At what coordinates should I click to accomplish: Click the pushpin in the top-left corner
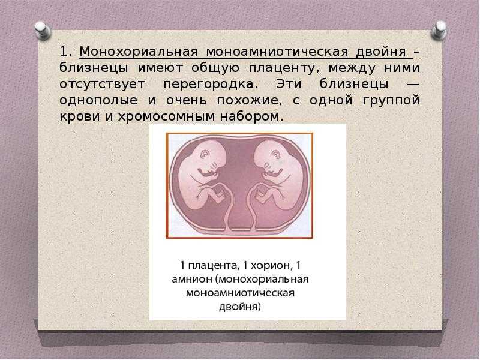pos(43,31)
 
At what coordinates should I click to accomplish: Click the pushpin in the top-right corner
pos(439,30)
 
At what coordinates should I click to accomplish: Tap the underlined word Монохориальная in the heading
pos(139,52)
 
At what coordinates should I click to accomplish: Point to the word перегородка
pos(208,84)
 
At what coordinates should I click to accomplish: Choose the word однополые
pos(98,100)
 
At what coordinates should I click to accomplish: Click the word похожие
pos(249,100)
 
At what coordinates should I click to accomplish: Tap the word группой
pos(391,100)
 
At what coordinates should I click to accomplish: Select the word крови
pos(80,116)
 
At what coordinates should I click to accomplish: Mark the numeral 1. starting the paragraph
pos(65,52)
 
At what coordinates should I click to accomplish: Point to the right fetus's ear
pos(276,154)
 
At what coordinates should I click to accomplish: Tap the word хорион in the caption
pos(266,265)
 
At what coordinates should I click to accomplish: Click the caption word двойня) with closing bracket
pos(239,307)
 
